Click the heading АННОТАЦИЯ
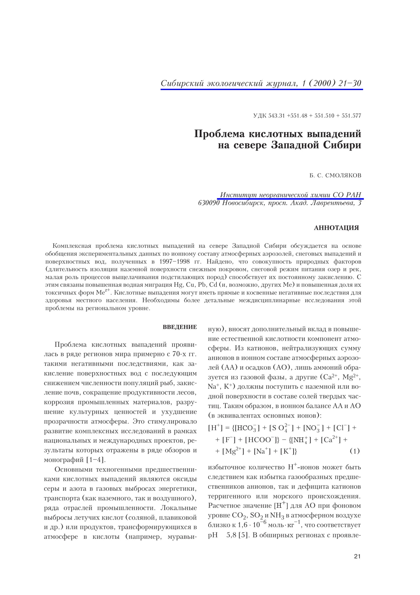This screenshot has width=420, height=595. (x=336, y=228)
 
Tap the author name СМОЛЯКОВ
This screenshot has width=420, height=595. (x=344, y=176)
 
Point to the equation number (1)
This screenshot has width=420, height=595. (x=355, y=451)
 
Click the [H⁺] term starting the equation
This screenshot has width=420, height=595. (x=215, y=428)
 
